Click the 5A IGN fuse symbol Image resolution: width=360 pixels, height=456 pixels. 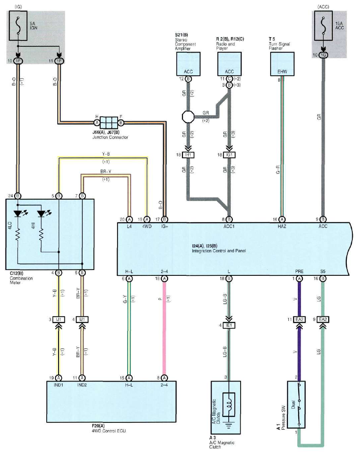[18, 25]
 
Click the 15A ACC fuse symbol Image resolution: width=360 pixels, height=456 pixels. [323, 25]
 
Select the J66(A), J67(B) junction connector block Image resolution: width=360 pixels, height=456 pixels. [108, 123]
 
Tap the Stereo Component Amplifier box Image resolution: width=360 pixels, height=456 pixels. [188, 64]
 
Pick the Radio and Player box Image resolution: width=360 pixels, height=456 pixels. [229, 64]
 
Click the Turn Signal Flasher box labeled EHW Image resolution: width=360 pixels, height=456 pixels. [282, 64]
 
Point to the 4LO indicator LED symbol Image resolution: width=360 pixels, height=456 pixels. [19, 213]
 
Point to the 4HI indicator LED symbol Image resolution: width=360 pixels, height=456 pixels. [42, 213]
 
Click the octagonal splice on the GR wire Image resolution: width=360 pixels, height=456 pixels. [188, 117]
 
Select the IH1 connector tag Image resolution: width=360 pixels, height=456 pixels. [188, 155]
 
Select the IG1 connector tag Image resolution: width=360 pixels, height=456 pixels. [229, 155]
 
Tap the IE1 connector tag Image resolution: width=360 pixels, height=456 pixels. [229, 325]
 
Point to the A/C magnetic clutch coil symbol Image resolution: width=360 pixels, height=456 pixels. [229, 405]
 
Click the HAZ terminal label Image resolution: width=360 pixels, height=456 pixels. [282, 226]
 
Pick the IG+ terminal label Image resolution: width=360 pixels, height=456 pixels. [164, 226]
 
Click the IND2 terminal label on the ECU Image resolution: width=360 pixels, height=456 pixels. [82, 385]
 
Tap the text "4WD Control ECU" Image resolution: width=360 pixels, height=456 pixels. [109, 431]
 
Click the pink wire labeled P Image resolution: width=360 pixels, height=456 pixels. [164, 329]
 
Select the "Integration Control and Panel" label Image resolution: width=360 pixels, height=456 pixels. [219, 250]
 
